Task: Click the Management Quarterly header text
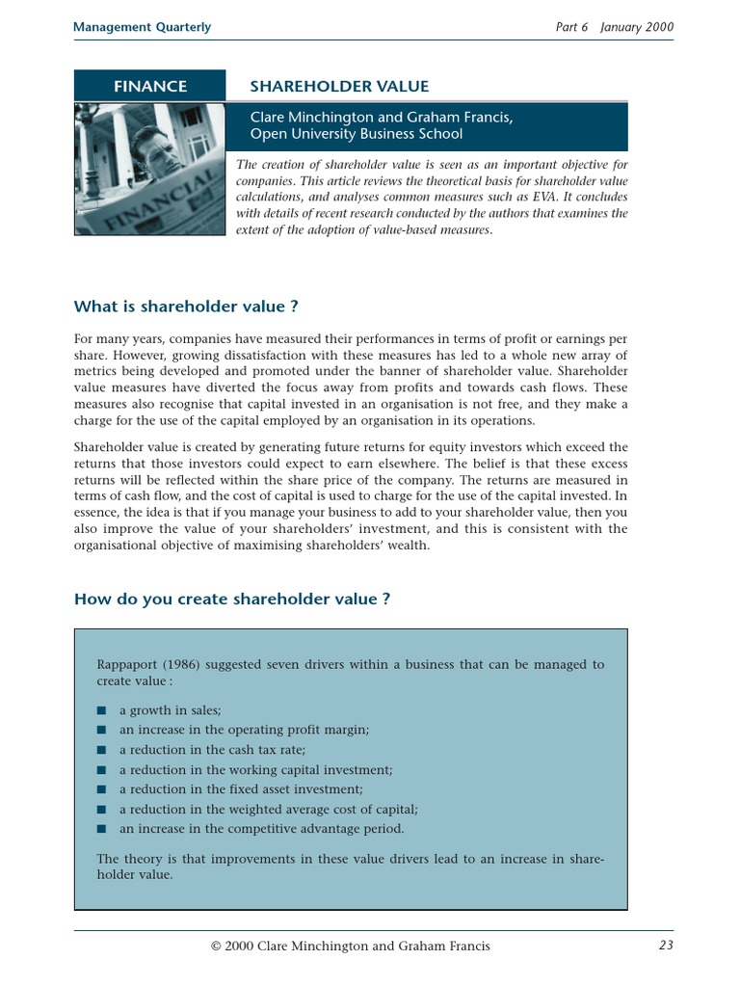point(142,27)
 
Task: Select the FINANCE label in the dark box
point(150,87)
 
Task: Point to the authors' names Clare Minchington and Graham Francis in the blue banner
point(381,117)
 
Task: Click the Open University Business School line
point(357,134)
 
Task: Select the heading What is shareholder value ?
point(186,307)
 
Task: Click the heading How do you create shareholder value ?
point(231,599)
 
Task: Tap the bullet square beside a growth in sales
point(101,710)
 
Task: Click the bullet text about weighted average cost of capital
point(268,810)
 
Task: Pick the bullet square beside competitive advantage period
point(101,829)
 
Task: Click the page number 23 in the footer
point(666,946)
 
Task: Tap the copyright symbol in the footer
point(217,947)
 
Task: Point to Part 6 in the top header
point(571,27)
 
